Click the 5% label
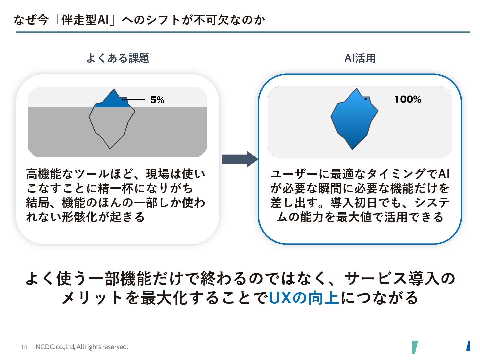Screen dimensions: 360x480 pos(157,100)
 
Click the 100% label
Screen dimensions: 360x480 pos(407,99)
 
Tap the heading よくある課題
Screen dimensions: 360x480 pos(118,58)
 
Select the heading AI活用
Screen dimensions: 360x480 pos(360,58)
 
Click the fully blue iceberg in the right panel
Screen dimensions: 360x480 pos(353,120)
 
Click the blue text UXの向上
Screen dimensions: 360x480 pos(304,297)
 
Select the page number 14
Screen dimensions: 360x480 pos(24,347)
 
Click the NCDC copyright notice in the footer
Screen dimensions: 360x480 pos(82,347)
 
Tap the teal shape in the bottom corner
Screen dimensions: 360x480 pos(415,347)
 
